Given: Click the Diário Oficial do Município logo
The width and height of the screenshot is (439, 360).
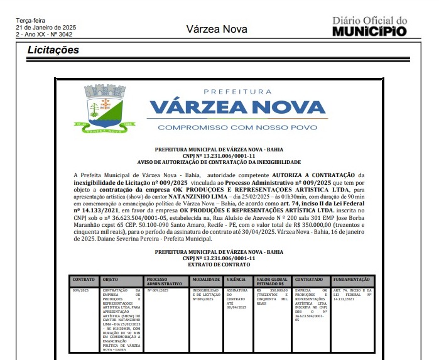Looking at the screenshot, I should click(x=369, y=27).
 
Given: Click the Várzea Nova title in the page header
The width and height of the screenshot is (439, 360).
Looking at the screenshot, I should click(x=217, y=30).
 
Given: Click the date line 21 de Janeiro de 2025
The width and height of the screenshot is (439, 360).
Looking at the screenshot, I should click(x=46, y=28).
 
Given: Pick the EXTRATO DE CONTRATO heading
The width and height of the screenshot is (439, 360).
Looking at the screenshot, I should click(x=219, y=265).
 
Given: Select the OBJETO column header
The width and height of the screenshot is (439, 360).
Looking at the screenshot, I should click(x=111, y=279).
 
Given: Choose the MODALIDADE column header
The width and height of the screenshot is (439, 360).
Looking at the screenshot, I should click(x=206, y=279).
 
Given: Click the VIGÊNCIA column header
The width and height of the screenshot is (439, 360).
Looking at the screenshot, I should click(x=237, y=279).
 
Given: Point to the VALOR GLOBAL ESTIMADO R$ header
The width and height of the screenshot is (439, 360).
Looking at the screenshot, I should click(x=273, y=281).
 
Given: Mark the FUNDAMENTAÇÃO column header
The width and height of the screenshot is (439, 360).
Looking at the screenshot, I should click(x=352, y=279).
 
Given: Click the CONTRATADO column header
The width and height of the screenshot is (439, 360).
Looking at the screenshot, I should click(x=310, y=279).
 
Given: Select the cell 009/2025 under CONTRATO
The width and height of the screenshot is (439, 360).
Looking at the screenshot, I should click(x=80, y=290).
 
